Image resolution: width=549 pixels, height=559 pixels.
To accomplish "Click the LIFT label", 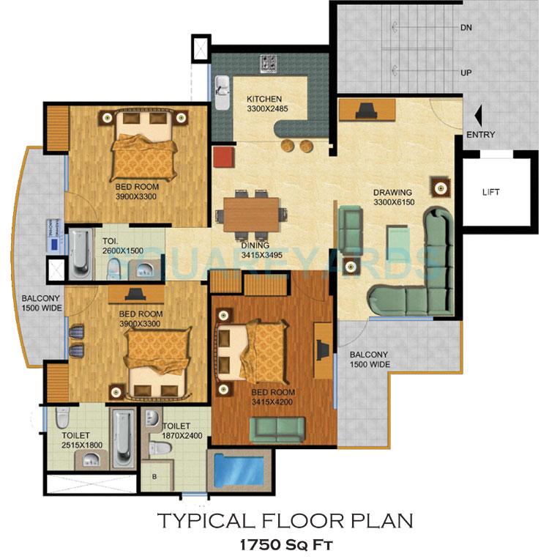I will tap(491, 192).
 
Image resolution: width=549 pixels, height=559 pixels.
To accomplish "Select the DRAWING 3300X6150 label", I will tap(393, 198).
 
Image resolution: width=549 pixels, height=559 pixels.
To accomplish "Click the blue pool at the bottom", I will tap(239, 470).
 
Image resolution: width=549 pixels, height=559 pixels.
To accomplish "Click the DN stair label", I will tap(466, 29).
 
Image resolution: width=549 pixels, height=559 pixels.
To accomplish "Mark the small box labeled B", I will tap(154, 477).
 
